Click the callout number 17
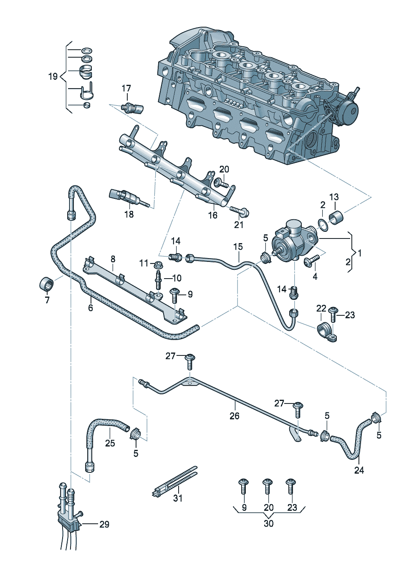[126, 89]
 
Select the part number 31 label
[178, 498]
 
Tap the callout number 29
[104, 524]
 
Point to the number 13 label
[334, 197]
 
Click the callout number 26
[235, 416]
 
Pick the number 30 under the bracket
[268, 523]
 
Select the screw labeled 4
[312, 261]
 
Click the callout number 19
[53, 76]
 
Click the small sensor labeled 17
[133, 108]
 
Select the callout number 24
[359, 470]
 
